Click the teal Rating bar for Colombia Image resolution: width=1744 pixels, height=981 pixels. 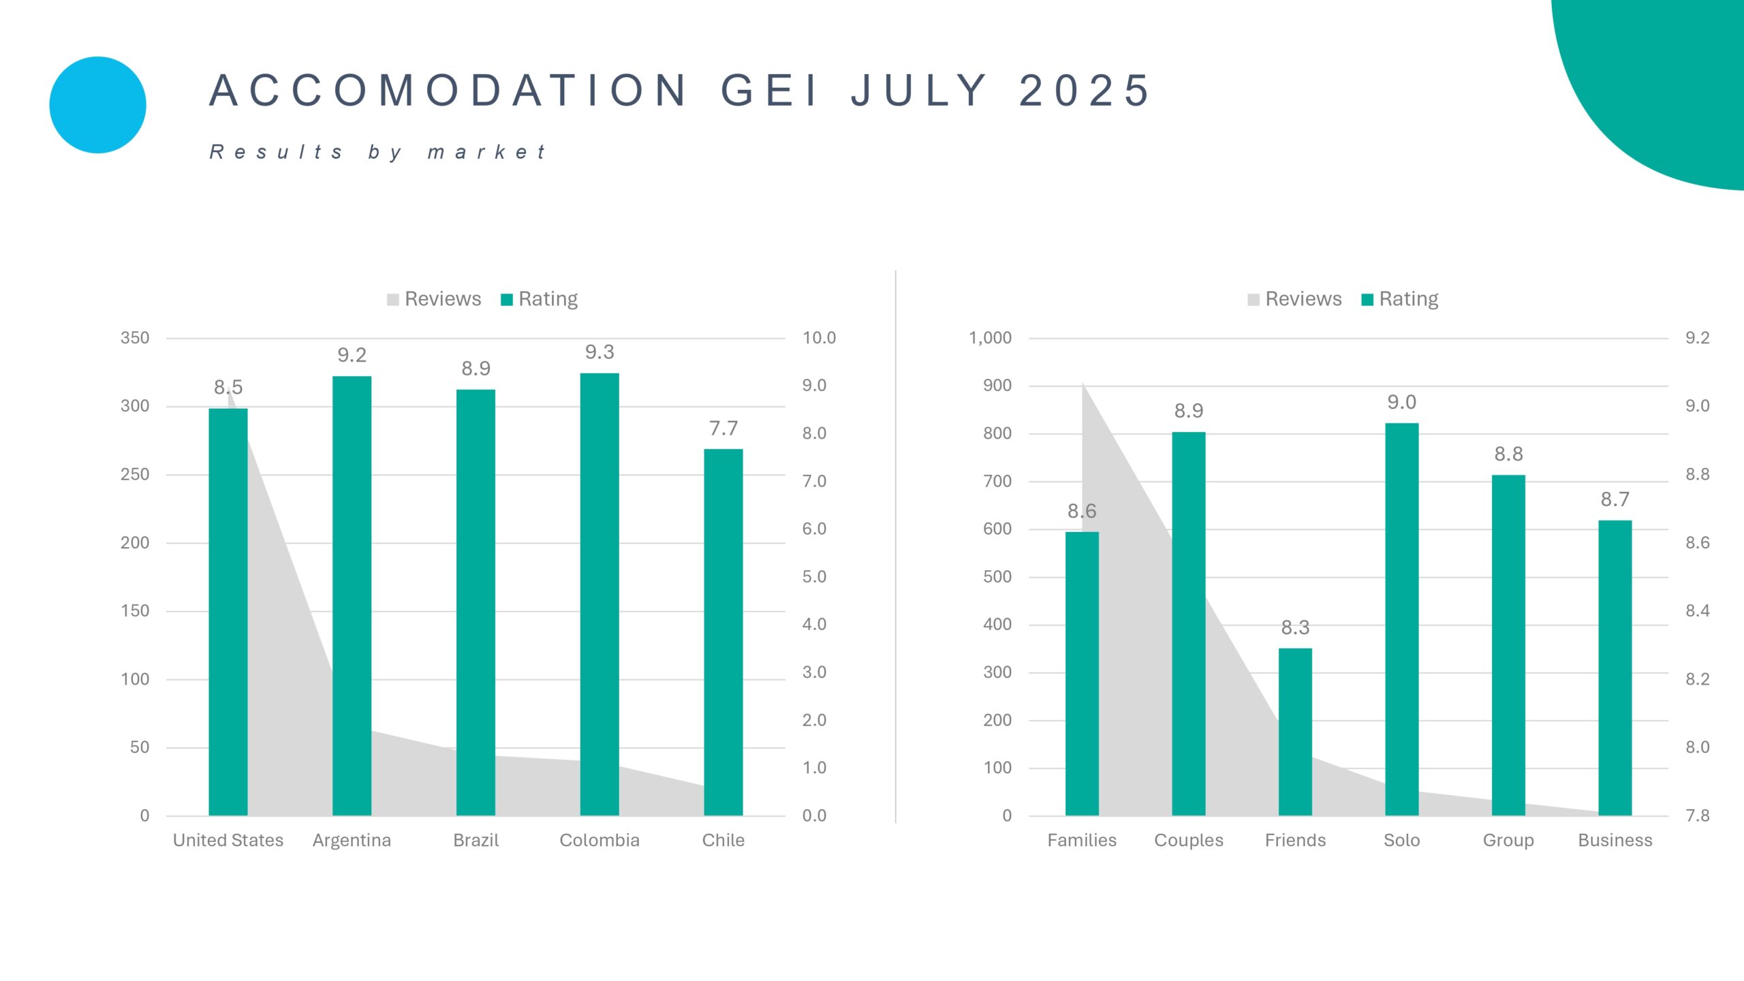(x=599, y=593)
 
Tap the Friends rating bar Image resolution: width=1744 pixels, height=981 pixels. (x=1295, y=732)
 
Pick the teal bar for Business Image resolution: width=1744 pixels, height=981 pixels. (x=1615, y=668)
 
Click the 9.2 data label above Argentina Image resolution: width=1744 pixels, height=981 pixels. (x=352, y=355)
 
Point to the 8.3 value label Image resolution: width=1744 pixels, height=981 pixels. (x=1295, y=627)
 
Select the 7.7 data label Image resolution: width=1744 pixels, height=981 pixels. (x=723, y=429)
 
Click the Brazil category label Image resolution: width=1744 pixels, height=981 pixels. (x=476, y=840)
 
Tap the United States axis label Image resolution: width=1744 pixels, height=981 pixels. (x=228, y=840)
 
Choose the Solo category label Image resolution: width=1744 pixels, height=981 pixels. (x=1401, y=840)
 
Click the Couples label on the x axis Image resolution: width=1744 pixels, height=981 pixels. (x=1188, y=840)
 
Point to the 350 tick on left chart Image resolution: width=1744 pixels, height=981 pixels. (x=135, y=338)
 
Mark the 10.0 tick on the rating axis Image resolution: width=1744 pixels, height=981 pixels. (x=819, y=338)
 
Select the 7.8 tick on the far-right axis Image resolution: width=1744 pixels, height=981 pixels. (x=1697, y=815)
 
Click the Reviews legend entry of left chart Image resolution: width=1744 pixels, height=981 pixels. (x=434, y=299)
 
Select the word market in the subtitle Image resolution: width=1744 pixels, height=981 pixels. (x=486, y=152)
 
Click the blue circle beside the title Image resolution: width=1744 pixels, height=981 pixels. (x=98, y=105)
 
